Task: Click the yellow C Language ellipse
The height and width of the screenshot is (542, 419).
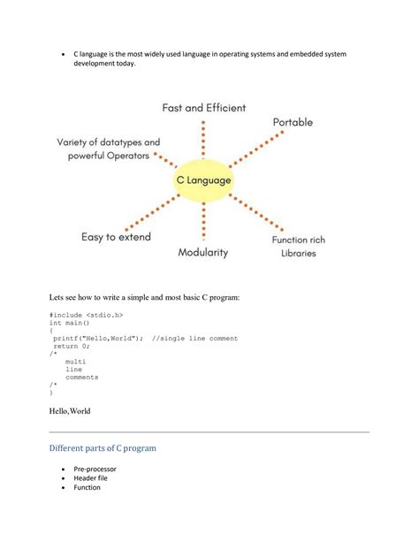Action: tap(202, 179)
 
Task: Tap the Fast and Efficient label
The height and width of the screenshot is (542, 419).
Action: tap(203, 108)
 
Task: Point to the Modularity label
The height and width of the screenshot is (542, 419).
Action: tap(202, 252)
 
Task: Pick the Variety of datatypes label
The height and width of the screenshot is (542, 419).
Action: tap(109, 141)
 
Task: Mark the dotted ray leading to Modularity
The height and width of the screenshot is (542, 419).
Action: tap(204, 220)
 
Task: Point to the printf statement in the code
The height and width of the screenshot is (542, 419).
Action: tap(97, 338)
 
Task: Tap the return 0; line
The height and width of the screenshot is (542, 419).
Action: tap(72, 346)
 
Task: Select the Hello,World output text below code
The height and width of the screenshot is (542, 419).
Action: tap(70, 410)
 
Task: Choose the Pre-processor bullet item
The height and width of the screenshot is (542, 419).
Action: tap(95, 469)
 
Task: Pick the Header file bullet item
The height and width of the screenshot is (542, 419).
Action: tap(91, 478)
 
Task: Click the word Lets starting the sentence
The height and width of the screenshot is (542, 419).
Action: tap(57, 295)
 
